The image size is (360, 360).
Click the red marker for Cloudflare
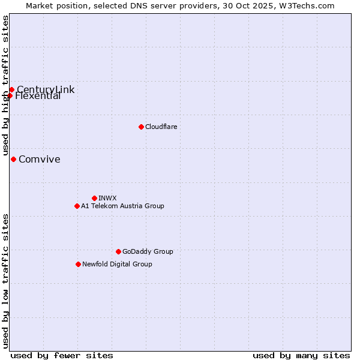pyautogui.click(x=141, y=127)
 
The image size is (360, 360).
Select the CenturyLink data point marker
pyautogui.click(x=11, y=90)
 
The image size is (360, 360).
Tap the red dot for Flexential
pyautogui.click(x=10, y=95)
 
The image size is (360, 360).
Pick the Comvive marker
pyautogui.click(x=13, y=159)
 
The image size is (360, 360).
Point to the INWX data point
pyautogui.click(x=94, y=198)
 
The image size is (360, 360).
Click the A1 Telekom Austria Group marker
pyautogui.click(x=77, y=206)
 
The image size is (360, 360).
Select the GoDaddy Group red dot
pyautogui.click(x=118, y=251)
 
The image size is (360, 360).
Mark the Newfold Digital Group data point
pyautogui.click(x=78, y=264)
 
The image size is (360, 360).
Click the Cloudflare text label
pyautogui.click(x=161, y=127)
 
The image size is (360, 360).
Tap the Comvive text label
pyautogui.click(x=40, y=159)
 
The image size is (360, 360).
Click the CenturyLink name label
pyautogui.click(x=46, y=89)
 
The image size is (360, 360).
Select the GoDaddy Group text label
pyautogui.click(x=148, y=251)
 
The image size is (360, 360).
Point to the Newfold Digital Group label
pyautogui.click(x=117, y=264)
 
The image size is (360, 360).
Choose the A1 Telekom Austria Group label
pyautogui.click(x=122, y=206)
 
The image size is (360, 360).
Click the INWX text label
pyautogui.click(x=107, y=198)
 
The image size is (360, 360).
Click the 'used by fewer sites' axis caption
pyautogui.click(x=62, y=355)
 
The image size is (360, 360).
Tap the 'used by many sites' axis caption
pyautogui.click(x=301, y=355)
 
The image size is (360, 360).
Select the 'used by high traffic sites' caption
pyautogui.click(x=5, y=86)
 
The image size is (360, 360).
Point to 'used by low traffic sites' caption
pyautogui.click(x=5, y=281)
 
